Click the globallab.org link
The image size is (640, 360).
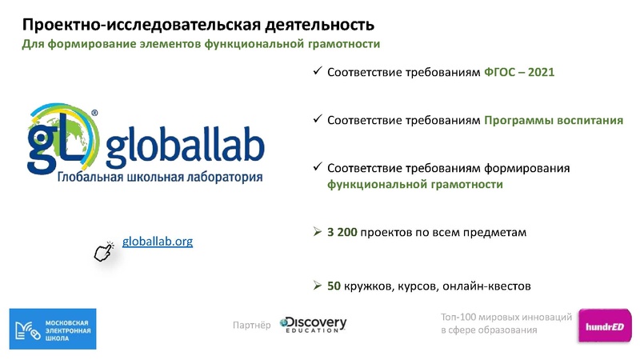pyautogui.click(x=158, y=241)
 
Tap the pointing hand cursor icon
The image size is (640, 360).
pyautogui.click(x=104, y=251)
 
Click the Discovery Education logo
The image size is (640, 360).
pyautogui.click(x=313, y=324)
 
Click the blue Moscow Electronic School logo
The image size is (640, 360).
pyautogui.click(x=52, y=328)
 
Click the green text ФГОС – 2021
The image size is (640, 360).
pyautogui.click(x=519, y=72)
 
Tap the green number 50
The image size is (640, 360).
pyautogui.click(x=334, y=286)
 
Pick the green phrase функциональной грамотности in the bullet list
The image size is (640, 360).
pyautogui.click(x=414, y=184)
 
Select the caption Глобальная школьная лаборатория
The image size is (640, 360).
pyautogui.click(x=159, y=176)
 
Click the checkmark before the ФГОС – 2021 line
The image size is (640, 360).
pyautogui.click(x=317, y=72)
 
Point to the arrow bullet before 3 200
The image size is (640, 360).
pyautogui.click(x=317, y=233)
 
